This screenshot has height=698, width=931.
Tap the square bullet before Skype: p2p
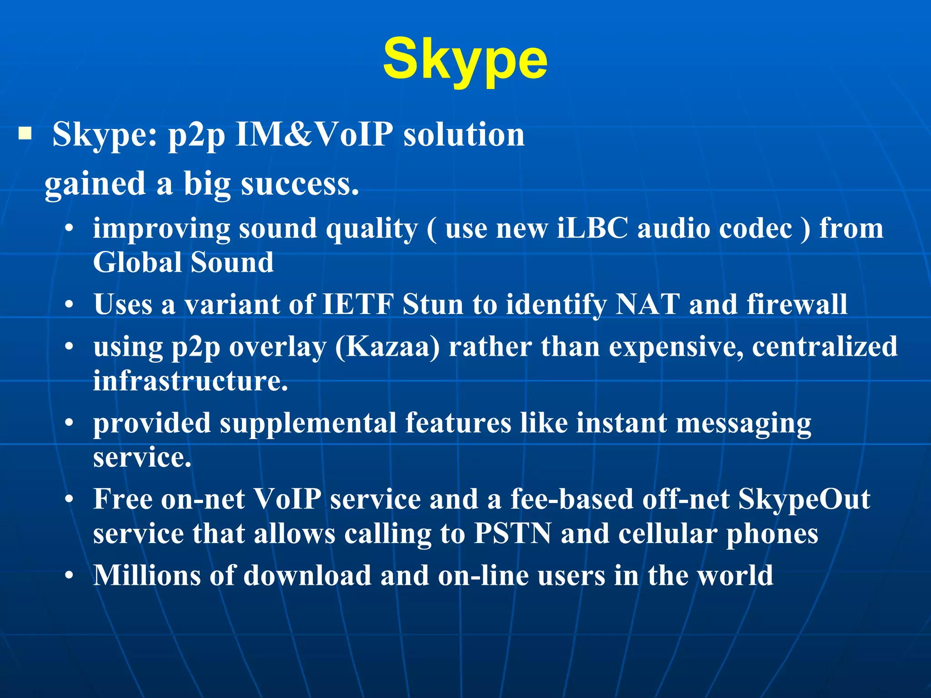(25, 134)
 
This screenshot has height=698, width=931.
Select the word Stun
(432, 304)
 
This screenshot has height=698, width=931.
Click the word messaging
(743, 424)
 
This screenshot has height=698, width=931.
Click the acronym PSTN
(512, 533)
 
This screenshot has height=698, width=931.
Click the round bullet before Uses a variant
(69, 305)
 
